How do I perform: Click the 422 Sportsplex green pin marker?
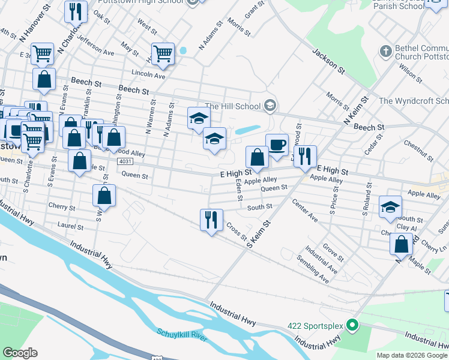coord(353,327)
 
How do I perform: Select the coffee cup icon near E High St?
coord(277,145)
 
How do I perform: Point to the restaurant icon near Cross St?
coord(211,220)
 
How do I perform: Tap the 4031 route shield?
coord(125,162)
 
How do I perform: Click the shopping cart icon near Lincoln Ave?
coord(163,55)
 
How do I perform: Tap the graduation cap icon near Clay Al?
coord(390,207)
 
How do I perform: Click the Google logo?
coord(20,353)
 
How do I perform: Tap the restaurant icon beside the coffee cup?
coord(305,157)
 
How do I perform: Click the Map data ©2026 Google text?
coord(412,355)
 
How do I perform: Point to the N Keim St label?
coord(354,110)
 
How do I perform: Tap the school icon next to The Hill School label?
coord(270,106)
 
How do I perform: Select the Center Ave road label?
coord(305,211)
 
